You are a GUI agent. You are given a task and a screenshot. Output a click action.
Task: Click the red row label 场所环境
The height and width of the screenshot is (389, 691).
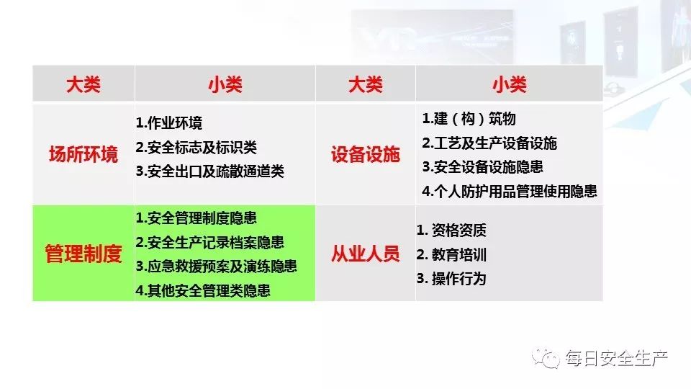pyautogui.click(x=83, y=154)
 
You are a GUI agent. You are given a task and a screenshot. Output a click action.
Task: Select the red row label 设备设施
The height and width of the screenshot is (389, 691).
pyautogui.click(x=365, y=154)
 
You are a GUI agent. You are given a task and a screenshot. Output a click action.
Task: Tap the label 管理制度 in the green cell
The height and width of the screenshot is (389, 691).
pyautogui.click(x=83, y=254)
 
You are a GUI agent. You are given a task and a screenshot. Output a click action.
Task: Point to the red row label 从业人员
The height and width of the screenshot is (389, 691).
pyautogui.click(x=365, y=254)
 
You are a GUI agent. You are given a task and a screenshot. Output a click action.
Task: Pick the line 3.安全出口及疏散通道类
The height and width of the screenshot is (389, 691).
pyautogui.click(x=210, y=171)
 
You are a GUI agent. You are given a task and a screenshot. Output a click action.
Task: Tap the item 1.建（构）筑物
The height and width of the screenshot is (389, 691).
pyautogui.click(x=469, y=119)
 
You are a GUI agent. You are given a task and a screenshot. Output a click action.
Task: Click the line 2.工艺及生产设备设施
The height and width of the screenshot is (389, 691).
pyautogui.click(x=489, y=143)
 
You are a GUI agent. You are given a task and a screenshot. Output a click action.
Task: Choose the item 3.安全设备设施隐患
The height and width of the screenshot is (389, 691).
pyautogui.click(x=482, y=166)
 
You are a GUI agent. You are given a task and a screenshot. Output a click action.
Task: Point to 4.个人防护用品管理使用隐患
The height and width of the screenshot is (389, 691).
pyautogui.click(x=510, y=191)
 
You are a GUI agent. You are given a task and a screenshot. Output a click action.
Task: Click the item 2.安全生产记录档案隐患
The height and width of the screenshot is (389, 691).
pyautogui.click(x=209, y=242)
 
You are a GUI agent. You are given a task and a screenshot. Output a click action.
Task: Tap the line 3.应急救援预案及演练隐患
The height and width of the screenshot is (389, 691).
pyautogui.click(x=216, y=266)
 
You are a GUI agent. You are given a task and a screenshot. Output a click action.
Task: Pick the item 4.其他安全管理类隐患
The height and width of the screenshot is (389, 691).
pyautogui.click(x=203, y=290)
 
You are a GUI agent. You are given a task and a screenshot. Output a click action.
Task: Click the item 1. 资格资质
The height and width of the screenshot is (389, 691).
pyautogui.click(x=452, y=231)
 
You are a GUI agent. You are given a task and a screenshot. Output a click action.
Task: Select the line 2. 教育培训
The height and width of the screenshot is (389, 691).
pyautogui.click(x=452, y=254)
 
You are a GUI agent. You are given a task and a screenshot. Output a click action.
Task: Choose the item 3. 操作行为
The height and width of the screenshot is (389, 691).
pyautogui.click(x=452, y=278)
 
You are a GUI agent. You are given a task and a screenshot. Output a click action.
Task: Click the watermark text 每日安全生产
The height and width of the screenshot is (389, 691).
pyautogui.click(x=617, y=357)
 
